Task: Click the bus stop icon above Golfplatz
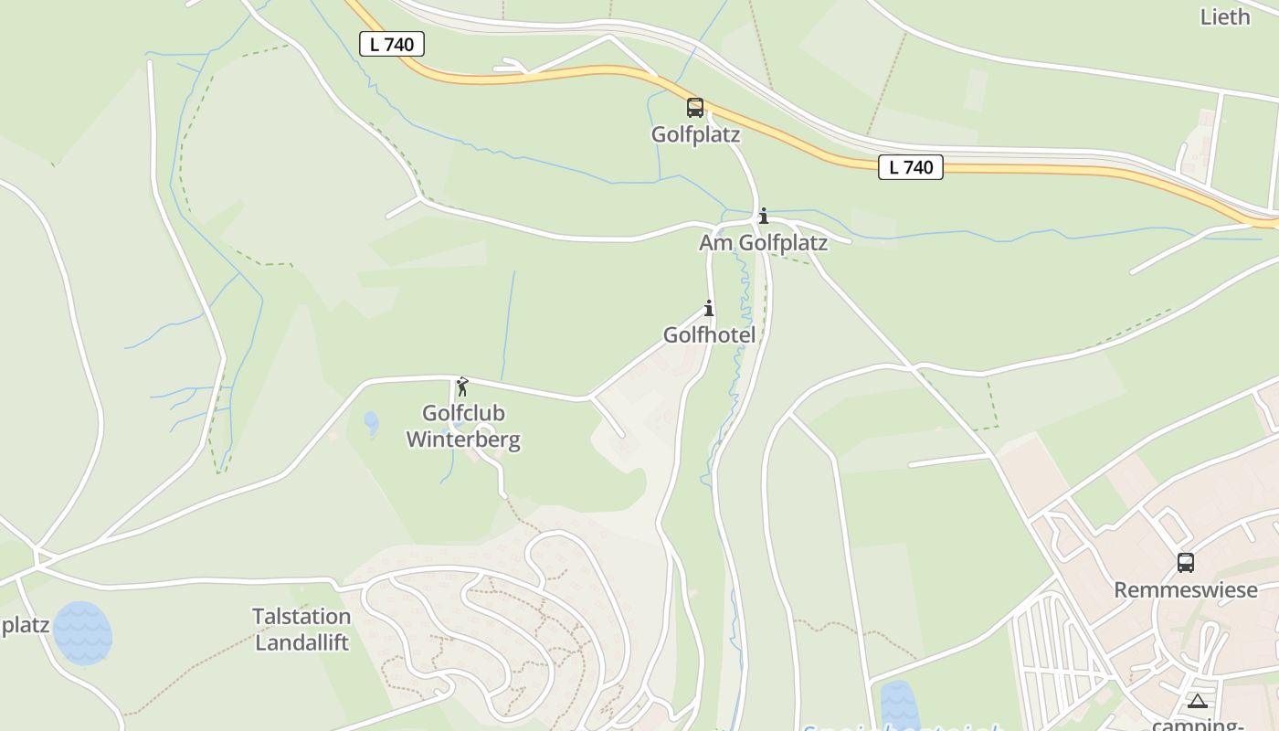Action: click(x=695, y=108)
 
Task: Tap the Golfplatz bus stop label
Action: click(x=695, y=134)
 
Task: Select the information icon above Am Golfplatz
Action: click(x=764, y=217)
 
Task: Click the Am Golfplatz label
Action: click(x=763, y=243)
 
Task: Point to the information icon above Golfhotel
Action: click(x=708, y=308)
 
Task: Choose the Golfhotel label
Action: click(x=709, y=335)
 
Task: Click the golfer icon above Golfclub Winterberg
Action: click(x=462, y=387)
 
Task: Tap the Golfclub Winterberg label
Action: click(x=463, y=427)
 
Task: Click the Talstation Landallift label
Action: click(x=301, y=630)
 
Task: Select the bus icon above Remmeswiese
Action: click(x=1186, y=563)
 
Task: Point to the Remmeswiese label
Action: click(x=1185, y=590)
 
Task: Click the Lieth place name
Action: click(x=1224, y=16)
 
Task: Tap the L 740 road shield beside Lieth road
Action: click(x=911, y=167)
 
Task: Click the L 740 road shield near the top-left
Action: click(x=392, y=44)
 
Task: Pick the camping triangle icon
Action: click(x=1198, y=701)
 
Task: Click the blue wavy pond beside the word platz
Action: click(x=82, y=632)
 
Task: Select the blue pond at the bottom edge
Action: click(x=899, y=706)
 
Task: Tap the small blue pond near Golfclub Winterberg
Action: click(x=371, y=423)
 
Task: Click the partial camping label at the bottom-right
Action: click(x=1198, y=725)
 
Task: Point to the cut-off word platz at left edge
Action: click(x=24, y=627)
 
